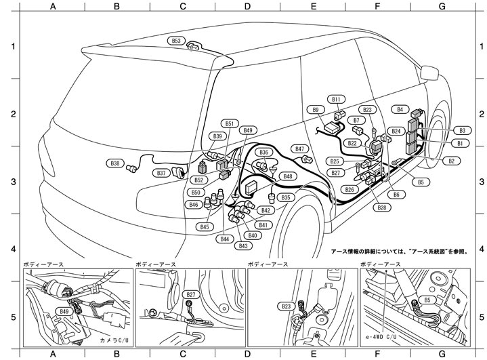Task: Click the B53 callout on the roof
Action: point(176,41)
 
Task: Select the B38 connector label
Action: point(116,163)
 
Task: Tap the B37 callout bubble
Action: point(161,174)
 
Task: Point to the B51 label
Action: point(230,123)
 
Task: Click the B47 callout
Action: point(300,148)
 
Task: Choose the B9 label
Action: point(315,109)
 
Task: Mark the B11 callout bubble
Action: point(337,99)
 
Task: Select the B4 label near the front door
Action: point(400,108)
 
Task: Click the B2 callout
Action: point(451,161)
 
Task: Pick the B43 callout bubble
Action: point(244,245)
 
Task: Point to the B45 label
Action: point(205,226)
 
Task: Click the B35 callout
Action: point(286,197)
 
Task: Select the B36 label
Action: point(264,152)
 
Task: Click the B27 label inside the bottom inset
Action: point(192,295)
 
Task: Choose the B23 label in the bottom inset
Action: point(287,306)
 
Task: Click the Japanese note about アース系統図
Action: point(400,251)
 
